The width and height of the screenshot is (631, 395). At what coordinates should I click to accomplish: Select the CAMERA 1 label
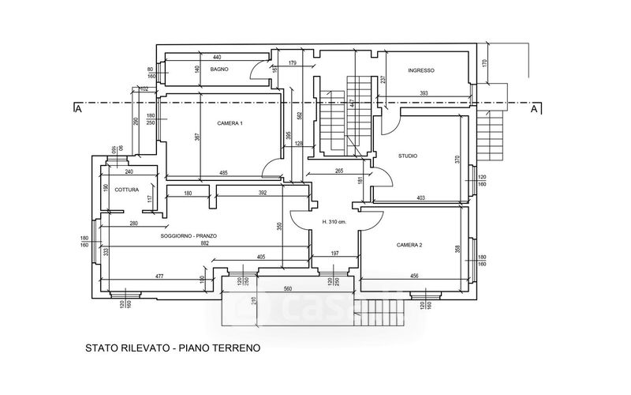click(230, 124)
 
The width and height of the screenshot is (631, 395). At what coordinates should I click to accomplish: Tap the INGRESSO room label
click(421, 71)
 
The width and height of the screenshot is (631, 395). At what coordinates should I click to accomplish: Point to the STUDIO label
click(409, 156)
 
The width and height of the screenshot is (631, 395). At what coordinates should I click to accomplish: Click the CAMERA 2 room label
click(409, 246)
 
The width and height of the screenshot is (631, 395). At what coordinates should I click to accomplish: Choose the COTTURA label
click(127, 190)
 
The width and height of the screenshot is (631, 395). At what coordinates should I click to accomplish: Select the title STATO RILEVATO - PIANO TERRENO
click(172, 348)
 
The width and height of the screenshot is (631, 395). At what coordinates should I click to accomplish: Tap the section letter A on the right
click(535, 109)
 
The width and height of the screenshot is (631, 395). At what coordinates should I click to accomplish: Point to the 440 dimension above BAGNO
click(217, 58)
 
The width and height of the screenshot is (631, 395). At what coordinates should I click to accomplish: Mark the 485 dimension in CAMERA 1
click(223, 173)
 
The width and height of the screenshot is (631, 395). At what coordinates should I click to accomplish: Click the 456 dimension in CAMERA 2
click(414, 276)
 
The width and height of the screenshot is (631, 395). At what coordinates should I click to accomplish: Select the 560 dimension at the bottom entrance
click(288, 288)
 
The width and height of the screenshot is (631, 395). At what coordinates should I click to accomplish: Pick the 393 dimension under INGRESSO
click(424, 94)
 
